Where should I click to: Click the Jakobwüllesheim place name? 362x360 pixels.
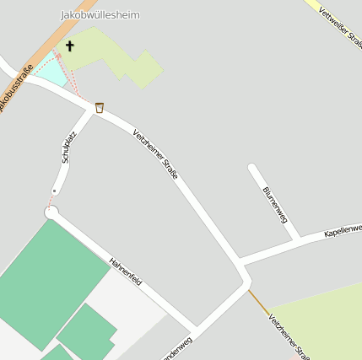tap(100, 15)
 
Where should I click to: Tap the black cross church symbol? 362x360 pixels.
tap(69, 46)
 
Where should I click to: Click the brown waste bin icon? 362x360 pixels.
tap(100, 107)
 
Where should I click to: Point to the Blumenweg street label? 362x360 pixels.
tap(275, 205)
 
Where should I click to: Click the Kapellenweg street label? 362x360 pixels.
tap(343, 230)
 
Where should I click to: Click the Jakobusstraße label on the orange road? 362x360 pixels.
tap(17, 84)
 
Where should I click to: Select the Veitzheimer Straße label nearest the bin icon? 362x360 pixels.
tap(155, 153)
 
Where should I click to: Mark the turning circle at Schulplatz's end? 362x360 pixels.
tap(51, 212)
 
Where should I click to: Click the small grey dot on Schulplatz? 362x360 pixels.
tap(55, 191)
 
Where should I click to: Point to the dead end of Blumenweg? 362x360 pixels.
tap(252, 168)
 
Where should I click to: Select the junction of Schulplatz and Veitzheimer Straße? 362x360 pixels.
tap(92, 110)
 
